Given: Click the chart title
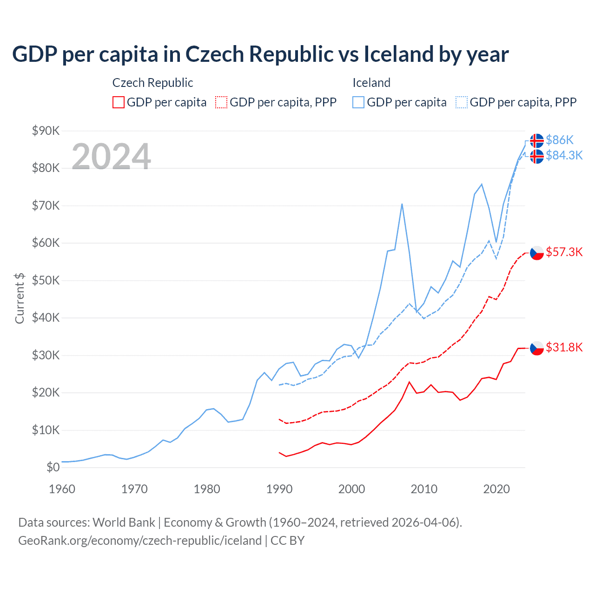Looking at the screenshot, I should pyautogui.click(x=260, y=54).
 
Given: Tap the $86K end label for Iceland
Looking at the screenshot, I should pyautogui.click(x=560, y=140).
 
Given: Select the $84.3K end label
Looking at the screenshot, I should pyautogui.click(x=564, y=155).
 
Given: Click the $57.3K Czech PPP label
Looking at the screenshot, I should pyautogui.click(x=564, y=252).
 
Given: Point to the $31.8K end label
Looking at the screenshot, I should pyautogui.click(x=564, y=347).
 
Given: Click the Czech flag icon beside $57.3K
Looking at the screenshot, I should pyautogui.click(x=537, y=253).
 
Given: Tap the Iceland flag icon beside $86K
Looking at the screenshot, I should pyautogui.click(x=537, y=140).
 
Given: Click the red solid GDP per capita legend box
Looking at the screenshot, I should pyautogui.click(x=119, y=102).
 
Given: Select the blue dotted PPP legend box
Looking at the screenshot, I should pyautogui.click(x=462, y=102).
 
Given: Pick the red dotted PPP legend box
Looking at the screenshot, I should pyautogui.click(x=221, y=102).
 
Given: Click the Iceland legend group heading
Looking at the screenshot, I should pyautogui.click(x=371, y=83).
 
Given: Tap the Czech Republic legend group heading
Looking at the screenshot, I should pyautogui.click(x=152, y=83).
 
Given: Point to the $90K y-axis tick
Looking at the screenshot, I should pyautogui.click(x=46, y=131).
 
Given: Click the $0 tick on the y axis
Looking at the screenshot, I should pyautogui.click(x=53, y=467).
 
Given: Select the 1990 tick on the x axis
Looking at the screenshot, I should pyautogui.click(x=279, y=489).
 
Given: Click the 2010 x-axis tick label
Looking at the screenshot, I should pyautogui.click(x=424, y=489).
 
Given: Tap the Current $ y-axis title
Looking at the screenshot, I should pyautogui.click(x=20, y=298).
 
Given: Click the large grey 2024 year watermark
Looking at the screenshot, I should pyautogui.click(x=111, y=157).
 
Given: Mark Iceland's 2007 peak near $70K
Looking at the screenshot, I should pyautogui.click(x=402, y=204).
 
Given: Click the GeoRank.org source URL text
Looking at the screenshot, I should pyautogui.click(x=140, y=541).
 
